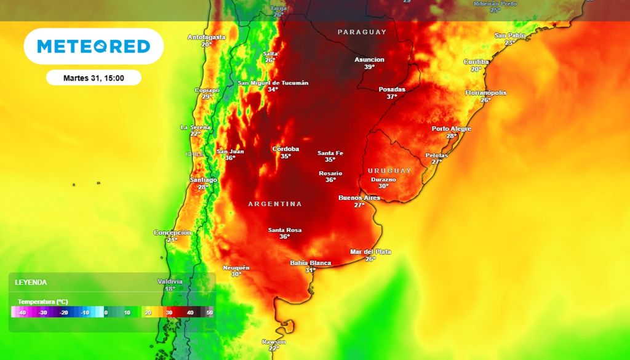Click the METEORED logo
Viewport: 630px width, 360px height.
(94, 46)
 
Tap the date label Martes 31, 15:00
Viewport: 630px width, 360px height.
(94, 78)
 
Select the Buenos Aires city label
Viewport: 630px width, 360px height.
(359, 198)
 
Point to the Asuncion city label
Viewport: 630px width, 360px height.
(369, 60)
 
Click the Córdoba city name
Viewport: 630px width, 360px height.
(285, 149)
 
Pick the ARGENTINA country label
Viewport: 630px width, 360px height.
(275, 204)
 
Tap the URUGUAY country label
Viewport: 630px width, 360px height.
(389, 170)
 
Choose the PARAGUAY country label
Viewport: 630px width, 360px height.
(362, 32)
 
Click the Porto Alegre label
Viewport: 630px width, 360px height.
(451, 129)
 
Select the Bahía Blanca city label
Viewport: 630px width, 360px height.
(310, 263)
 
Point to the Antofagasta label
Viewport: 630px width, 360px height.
(206, 37)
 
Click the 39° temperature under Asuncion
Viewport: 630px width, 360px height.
(369, 67)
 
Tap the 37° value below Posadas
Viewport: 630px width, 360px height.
(392, 97)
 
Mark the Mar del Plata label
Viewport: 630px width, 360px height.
(370, 252)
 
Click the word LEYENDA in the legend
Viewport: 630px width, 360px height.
(31, 282)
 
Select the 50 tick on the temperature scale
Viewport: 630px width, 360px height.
(209, 313)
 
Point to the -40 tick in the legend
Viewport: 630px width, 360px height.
(22, 313)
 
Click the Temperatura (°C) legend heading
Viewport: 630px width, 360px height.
(42, 302)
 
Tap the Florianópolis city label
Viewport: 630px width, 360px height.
(485, 93)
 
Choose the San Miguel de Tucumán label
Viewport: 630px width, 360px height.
(273, 83)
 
